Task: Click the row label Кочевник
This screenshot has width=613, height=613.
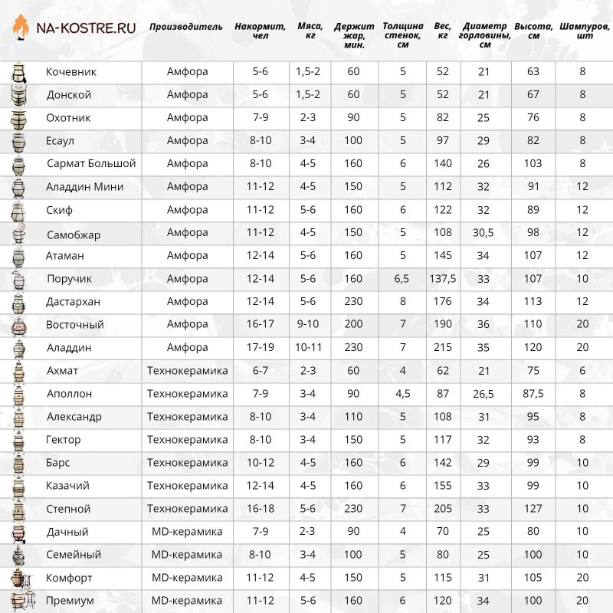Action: [72, 72]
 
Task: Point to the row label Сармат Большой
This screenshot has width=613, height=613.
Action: [91, 164]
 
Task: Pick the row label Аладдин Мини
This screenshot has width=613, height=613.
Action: [85, 187]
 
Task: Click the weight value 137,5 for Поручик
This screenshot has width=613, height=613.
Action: [442, 279]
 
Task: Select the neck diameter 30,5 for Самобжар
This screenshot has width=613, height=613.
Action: [484, 233]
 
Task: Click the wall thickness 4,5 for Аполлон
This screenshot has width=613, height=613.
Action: [403, 394]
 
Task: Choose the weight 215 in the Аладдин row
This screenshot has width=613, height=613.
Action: [442, 348]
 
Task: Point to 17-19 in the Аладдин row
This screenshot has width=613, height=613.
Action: [261, 348]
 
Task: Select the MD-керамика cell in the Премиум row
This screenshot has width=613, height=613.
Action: [187, 601]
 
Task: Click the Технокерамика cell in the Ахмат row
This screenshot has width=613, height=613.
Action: [187, 371]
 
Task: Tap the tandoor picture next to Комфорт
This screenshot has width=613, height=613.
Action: [17, 578]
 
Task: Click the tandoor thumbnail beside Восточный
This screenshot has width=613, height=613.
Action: [17, 325]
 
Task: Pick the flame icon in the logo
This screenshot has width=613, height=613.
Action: [22, 29]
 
